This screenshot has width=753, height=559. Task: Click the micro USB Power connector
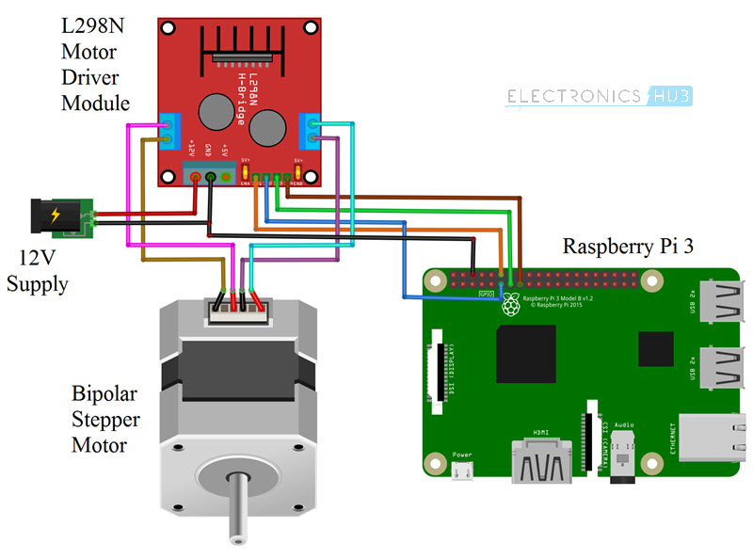[x=462, y=471]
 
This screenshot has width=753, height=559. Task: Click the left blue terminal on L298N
[x=170, y=131]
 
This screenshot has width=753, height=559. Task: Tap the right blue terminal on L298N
[x=311, y=131]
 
